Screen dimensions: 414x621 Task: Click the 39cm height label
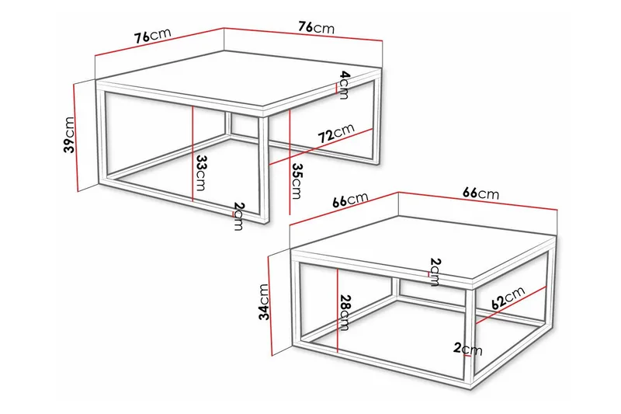[70, 136]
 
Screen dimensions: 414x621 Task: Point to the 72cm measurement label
[335, 133]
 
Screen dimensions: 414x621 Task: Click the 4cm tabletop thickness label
[344, 85]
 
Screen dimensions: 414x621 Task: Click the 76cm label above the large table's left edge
[151, 36]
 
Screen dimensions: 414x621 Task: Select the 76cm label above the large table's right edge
[316, 26]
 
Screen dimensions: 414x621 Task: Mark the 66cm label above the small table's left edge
[350, 200]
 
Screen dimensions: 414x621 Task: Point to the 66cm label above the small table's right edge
[481, 193]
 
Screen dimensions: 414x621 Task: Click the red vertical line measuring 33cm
[190, 155]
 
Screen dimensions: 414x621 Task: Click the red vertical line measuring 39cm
[78, 136]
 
